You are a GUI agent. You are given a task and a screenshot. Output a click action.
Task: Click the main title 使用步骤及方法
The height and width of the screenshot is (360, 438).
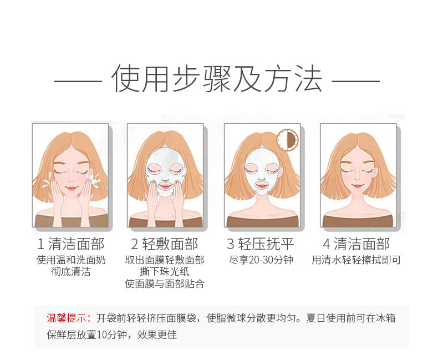tap(217, 79)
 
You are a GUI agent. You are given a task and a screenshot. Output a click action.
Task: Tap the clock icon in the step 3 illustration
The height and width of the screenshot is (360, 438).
tap(287, 140)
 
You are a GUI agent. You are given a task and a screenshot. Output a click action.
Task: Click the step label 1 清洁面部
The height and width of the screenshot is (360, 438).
tap(71, 244)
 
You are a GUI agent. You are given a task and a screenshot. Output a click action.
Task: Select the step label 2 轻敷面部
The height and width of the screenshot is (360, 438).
tap(165, 244)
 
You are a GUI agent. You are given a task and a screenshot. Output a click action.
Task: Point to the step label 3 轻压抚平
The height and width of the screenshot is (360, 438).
tap(261, 244)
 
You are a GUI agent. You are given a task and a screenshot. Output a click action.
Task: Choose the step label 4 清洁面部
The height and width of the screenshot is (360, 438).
tap(356, 244)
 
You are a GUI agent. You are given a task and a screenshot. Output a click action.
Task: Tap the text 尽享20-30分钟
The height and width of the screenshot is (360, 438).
tap(261, 260)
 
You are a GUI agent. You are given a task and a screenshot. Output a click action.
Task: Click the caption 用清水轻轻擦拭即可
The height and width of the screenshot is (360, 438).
tap(356, 260)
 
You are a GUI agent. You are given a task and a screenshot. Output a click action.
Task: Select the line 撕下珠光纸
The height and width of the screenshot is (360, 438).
tap(165, 272)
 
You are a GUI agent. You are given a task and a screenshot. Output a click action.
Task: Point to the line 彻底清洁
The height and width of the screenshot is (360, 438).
tap(71, 272)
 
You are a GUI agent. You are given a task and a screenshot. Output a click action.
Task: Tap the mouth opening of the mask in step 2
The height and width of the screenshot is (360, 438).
tap(165, 186)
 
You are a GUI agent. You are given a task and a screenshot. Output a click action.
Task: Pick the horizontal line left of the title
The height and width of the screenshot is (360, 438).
tap(78, 82)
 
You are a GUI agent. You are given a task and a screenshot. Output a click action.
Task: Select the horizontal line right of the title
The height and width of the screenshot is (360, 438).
tap(355, 82)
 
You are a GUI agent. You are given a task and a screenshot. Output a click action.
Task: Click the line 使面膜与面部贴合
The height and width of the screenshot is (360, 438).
tap(165, 284)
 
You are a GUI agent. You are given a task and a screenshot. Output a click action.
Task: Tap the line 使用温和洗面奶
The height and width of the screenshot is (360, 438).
tap(71, 260)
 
